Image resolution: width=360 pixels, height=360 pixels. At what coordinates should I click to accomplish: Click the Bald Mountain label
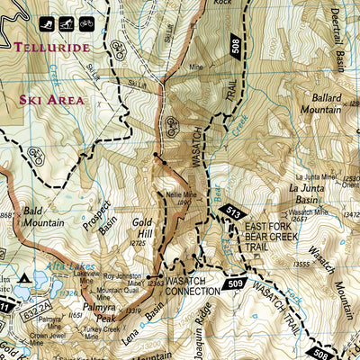coord(43,216)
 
